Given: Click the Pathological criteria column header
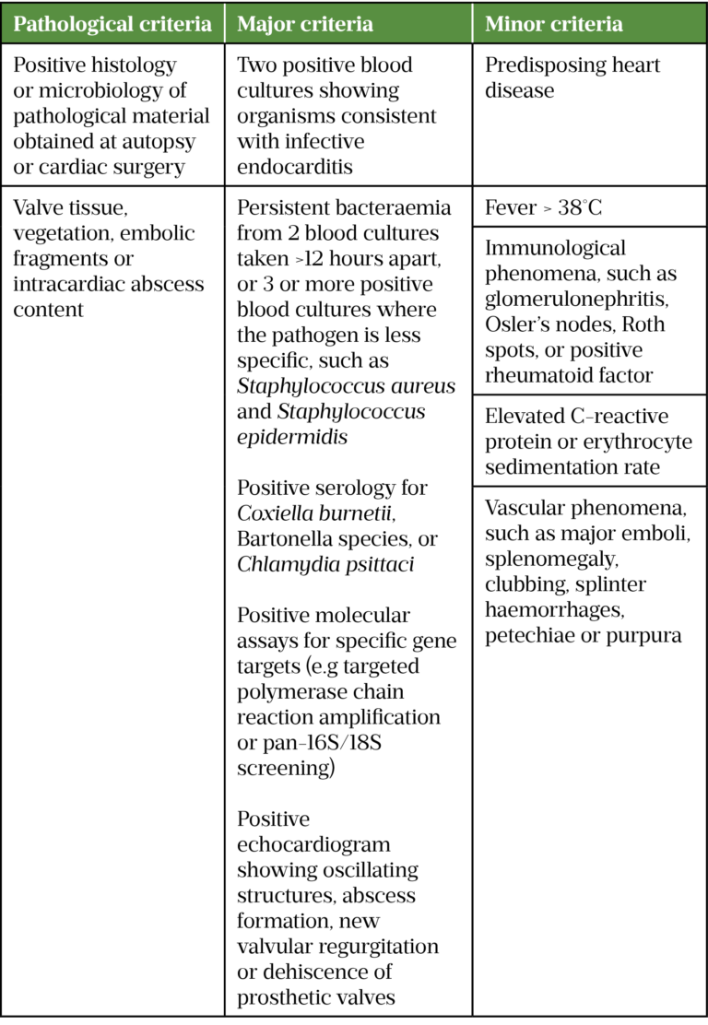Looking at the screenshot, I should (112, 24).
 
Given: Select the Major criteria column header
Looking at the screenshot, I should (305, 24).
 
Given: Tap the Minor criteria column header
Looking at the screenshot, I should (553, 24).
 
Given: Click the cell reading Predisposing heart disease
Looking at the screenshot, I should (572, 78).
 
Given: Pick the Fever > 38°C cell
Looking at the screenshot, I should (544, 208).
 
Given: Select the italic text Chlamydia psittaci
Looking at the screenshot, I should (325, 564).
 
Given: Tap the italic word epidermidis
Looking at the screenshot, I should (292, 437).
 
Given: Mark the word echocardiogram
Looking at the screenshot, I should (314, 844).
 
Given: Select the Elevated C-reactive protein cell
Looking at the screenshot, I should (588, 442).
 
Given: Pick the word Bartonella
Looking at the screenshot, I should (288, 538).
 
